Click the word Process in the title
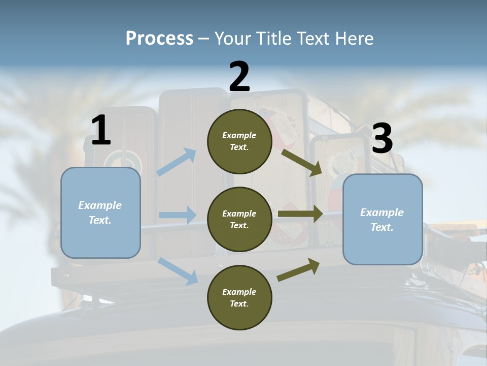pos(159,39)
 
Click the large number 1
pos(101,131)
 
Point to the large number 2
pos(239,76)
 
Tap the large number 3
pos(382,139)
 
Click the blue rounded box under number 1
pos(100,212)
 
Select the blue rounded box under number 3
pos(382,220)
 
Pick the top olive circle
pos(239,141)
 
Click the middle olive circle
pos(239,220)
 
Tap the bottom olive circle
pos(239,298)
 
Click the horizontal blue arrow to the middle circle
pos(178,215)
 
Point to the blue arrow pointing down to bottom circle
pos(178,271)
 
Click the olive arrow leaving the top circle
pos(301,162)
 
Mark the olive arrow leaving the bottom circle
pos(298,270)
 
